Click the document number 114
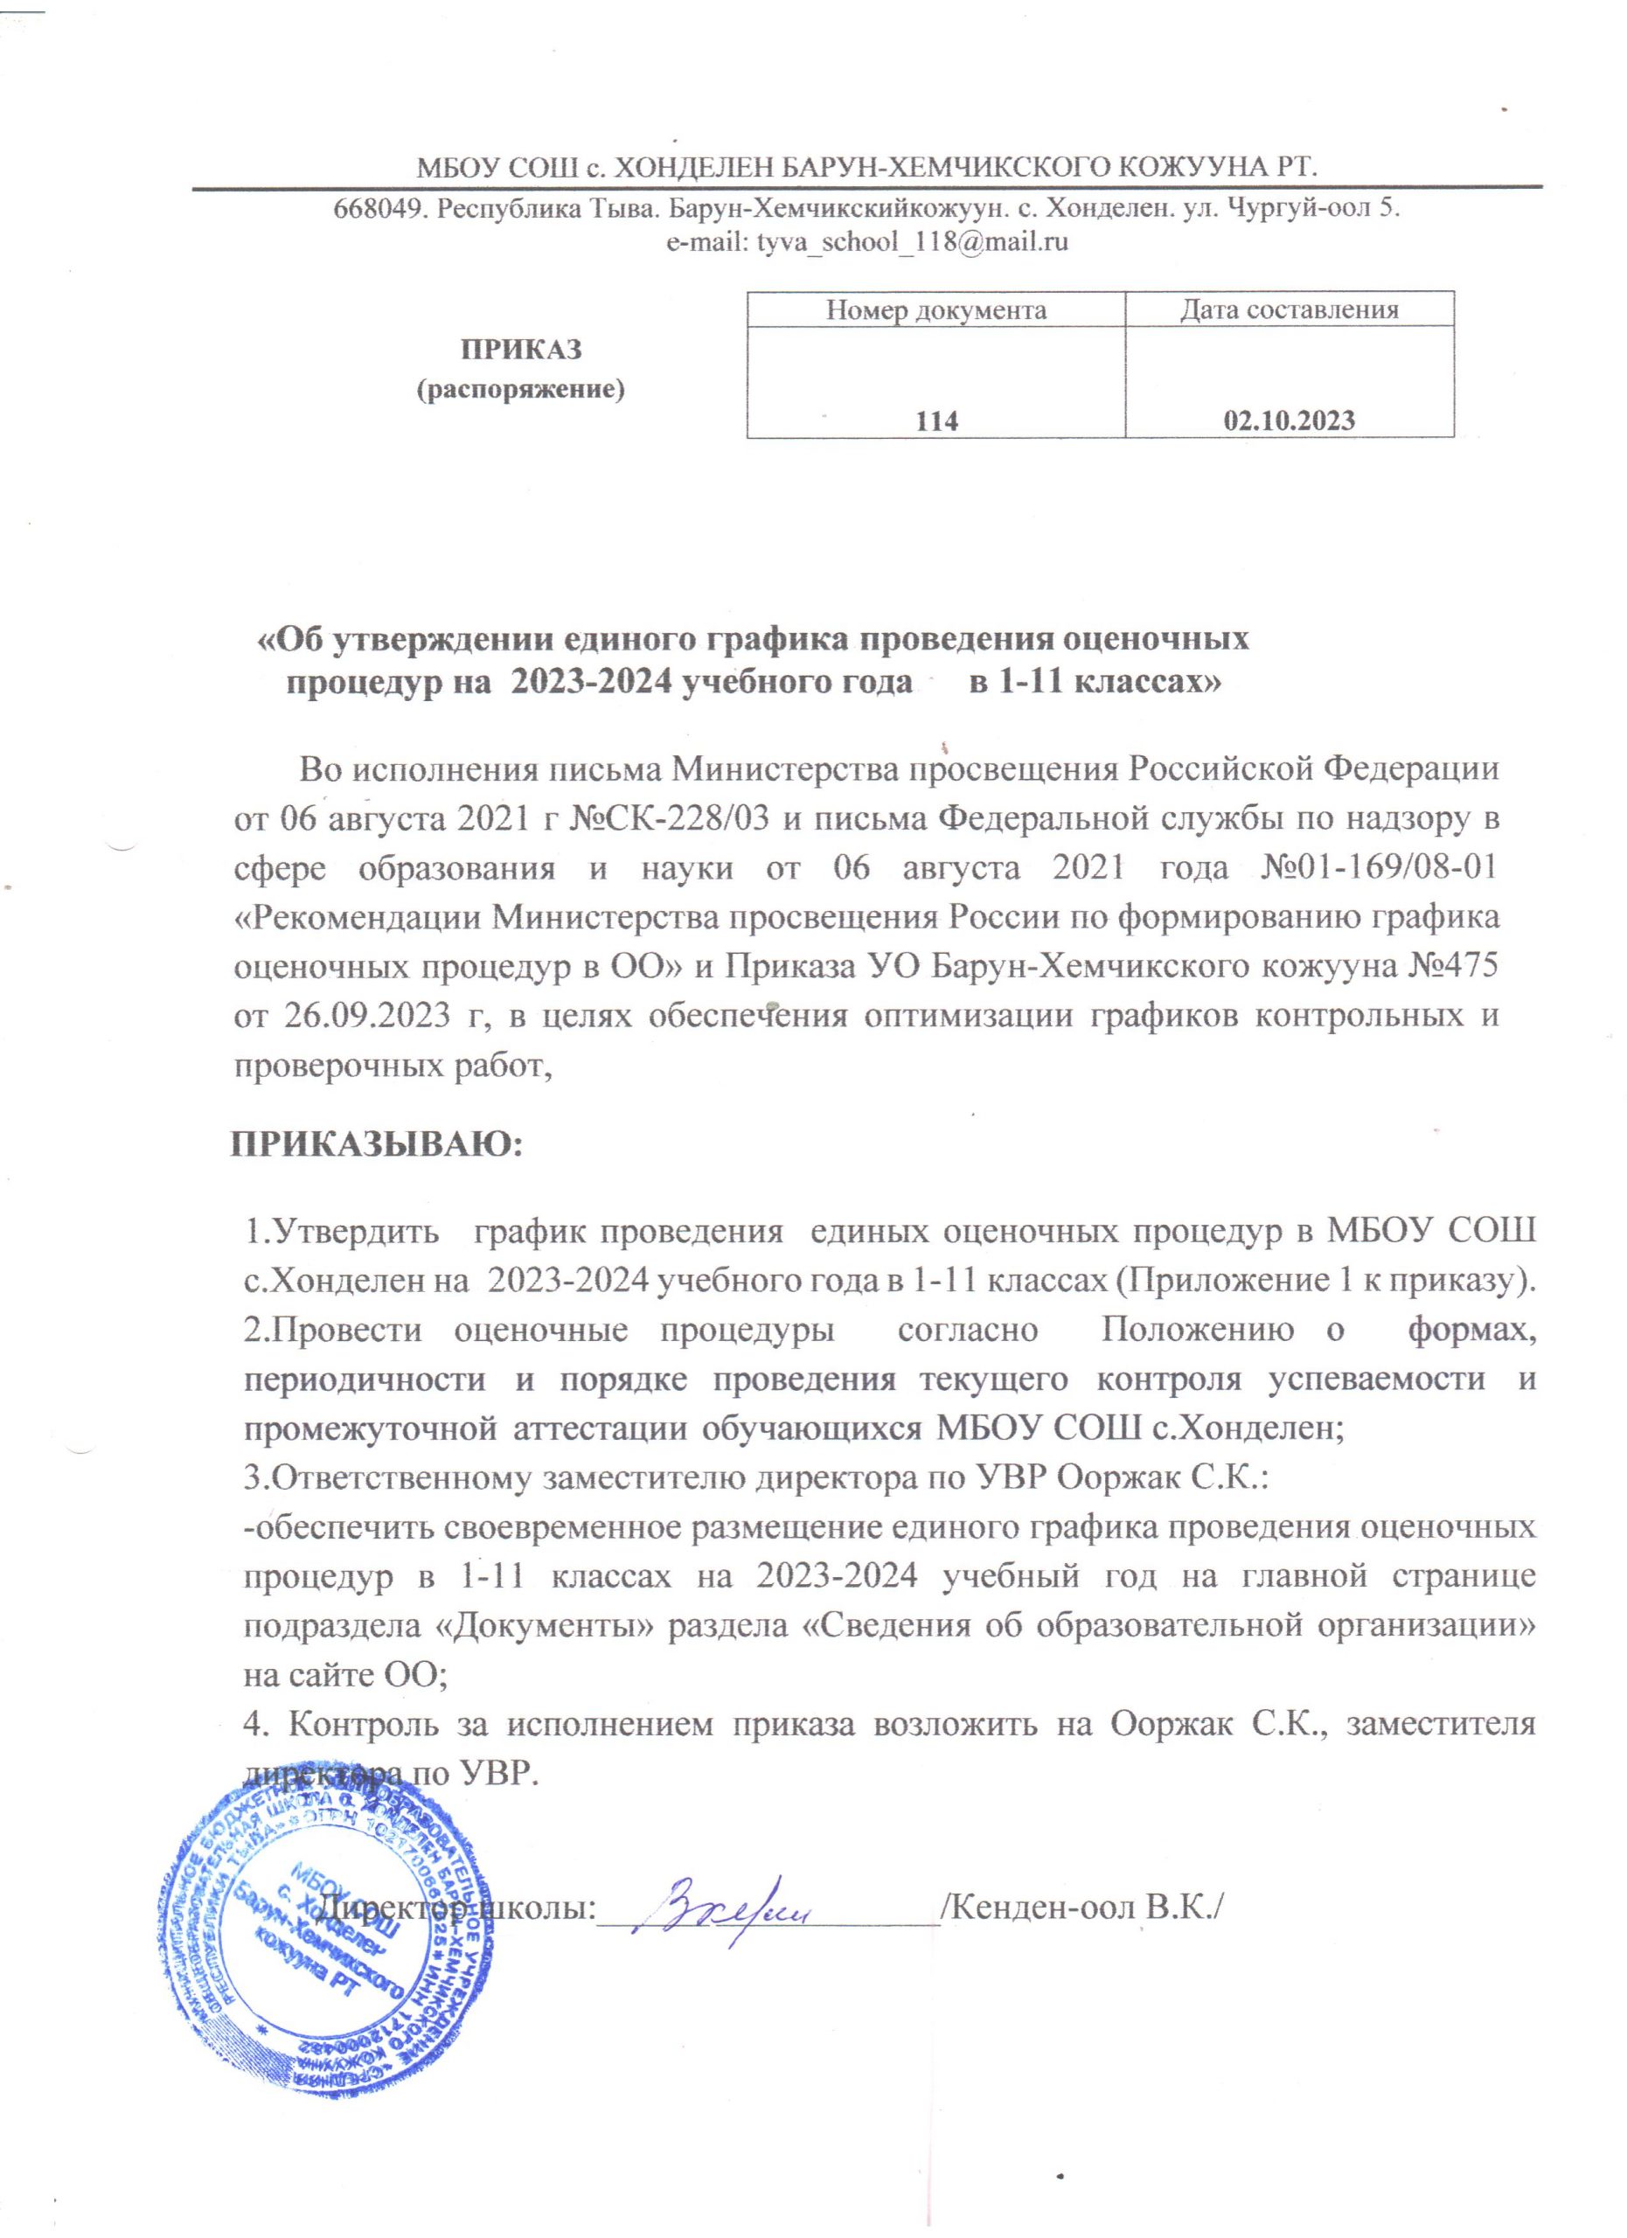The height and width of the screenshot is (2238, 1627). [x=936, y=421]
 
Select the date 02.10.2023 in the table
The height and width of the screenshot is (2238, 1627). [x=1289, y=421]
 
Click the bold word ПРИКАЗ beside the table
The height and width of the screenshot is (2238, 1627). [x=523, y=351]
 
